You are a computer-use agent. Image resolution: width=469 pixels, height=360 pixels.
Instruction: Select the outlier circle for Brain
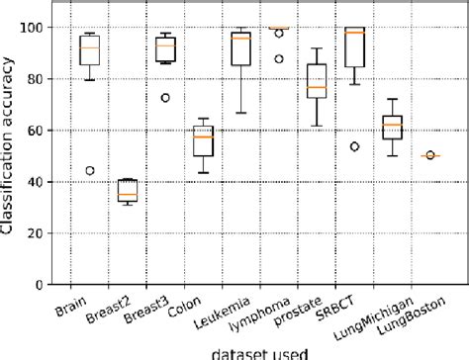(x=92, y=170)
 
